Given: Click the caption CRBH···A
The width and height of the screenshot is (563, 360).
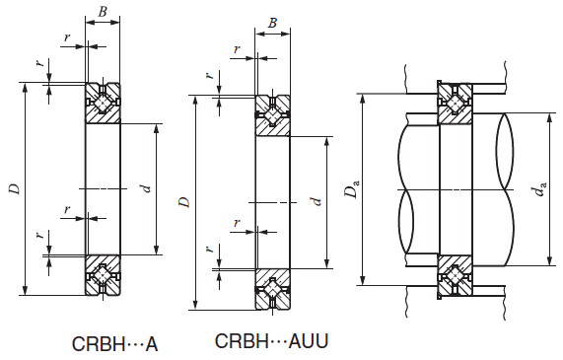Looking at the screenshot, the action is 115,344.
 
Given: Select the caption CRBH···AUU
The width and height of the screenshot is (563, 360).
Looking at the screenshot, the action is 271,340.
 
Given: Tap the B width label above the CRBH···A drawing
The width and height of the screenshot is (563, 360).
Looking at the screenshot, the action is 103,12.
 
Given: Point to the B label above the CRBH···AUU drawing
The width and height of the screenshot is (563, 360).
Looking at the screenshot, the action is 272,23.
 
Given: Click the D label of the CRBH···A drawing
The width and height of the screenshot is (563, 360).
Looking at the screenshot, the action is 15,189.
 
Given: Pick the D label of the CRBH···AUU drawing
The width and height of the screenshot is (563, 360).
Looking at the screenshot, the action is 185,202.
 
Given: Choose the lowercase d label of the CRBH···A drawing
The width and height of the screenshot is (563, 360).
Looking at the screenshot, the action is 146,188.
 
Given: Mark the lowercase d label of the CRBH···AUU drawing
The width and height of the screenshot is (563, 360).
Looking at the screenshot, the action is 316,201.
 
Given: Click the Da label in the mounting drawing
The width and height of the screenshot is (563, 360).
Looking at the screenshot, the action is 352,188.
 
